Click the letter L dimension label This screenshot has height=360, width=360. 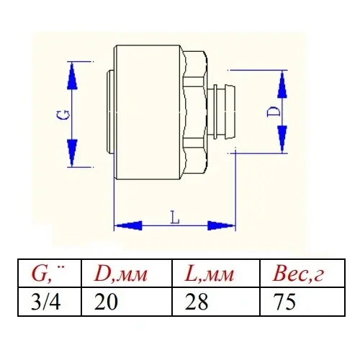[175, 216]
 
